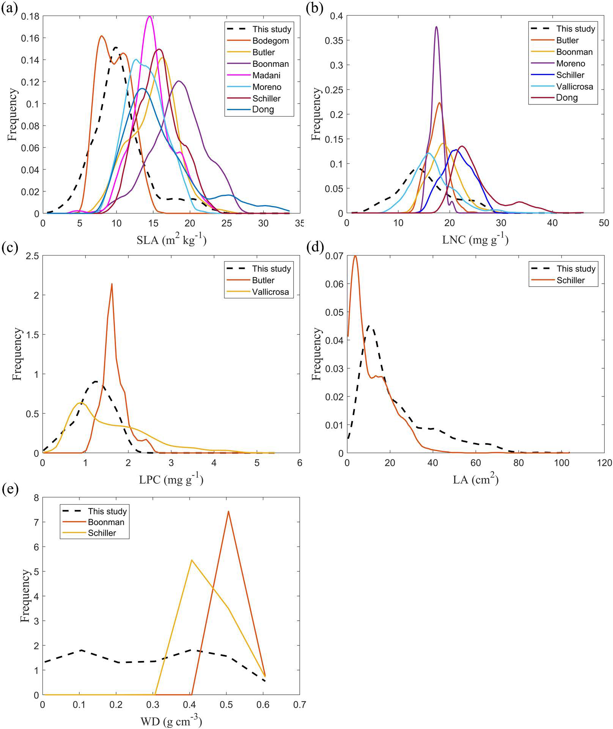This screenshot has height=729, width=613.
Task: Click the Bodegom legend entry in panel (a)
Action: point(270,41)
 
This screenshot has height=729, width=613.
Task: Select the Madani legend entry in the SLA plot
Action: point(266,75)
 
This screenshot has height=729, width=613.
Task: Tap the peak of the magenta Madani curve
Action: point(150,16)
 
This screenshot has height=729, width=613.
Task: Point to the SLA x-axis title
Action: point(171,240)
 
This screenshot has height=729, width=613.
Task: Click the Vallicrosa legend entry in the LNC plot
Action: point(574,86)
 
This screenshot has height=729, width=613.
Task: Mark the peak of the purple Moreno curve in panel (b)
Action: point(436,27)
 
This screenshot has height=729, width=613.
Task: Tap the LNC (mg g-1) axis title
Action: point(475,240)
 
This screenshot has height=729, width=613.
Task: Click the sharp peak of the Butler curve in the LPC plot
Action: point(112,284)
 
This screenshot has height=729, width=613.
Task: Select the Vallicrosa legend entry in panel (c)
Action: point(270,292)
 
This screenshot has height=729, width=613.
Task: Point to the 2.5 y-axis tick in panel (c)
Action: point(33,256)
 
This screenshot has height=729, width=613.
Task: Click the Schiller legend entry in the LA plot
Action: point(571,280)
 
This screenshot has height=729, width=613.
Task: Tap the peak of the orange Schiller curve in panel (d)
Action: point(355,256)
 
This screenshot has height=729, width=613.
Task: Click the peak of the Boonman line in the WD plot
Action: point(228,511)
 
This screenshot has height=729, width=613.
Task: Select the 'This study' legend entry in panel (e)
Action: point(107,511)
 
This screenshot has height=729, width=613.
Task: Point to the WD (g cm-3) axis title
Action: point(171,720)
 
